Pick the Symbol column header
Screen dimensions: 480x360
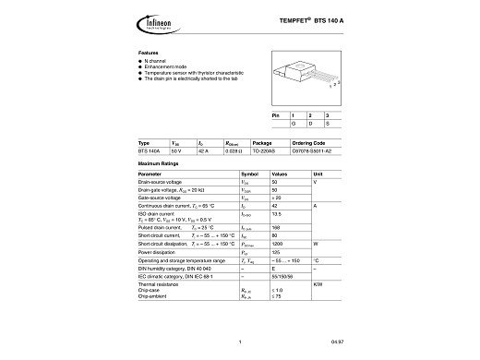250,174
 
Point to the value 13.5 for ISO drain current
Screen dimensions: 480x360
276,214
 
